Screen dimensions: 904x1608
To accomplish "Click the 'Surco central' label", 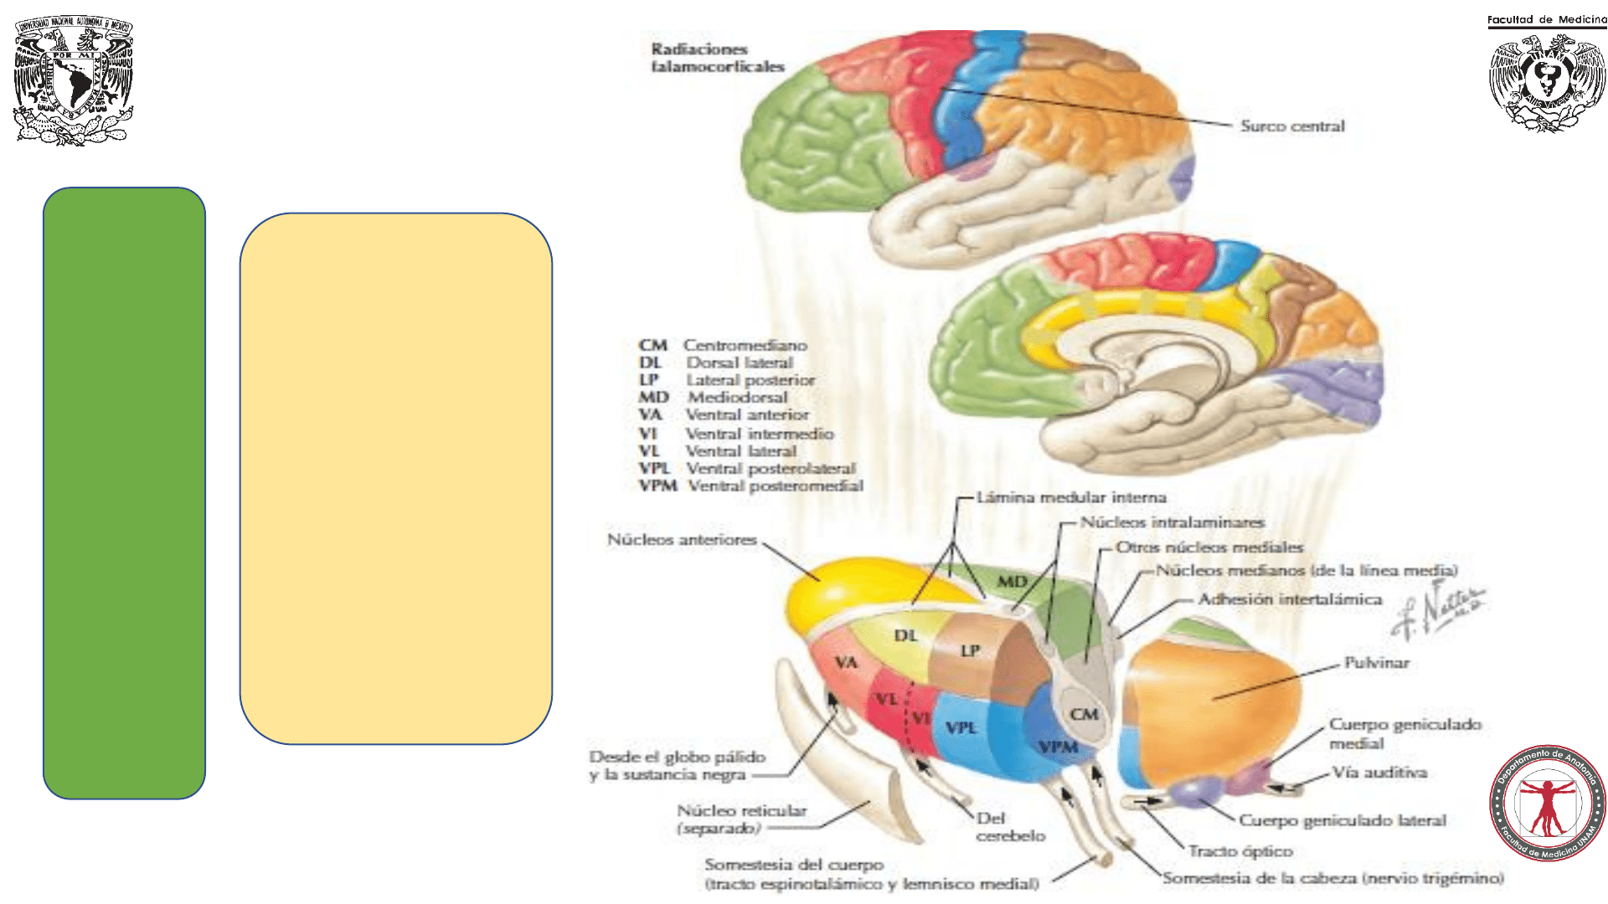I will point(1292,126).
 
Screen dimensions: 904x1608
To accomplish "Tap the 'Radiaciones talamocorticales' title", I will point(718,58).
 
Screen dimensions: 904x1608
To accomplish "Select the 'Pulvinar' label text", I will point(1377,663).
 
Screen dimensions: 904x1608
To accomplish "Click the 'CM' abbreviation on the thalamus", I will point(1084,715).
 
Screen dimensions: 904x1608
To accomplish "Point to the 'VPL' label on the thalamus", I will point(961,728).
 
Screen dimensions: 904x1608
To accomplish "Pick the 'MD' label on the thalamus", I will point(1012,582).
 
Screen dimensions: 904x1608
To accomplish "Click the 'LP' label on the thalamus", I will point(970,651).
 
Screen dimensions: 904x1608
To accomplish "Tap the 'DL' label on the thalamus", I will point(905,636).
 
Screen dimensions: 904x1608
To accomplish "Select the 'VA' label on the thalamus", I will point(846,664).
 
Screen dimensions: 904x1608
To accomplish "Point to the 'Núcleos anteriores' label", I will point(682,540).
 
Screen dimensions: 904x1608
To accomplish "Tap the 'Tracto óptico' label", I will point(1240,851).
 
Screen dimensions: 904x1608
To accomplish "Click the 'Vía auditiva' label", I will point(1379,773).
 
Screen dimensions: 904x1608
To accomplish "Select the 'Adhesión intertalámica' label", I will point(1290,599).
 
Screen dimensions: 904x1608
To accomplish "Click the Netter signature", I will point(1438,612).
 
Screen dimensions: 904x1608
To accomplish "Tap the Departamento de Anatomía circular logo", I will point(1547,803).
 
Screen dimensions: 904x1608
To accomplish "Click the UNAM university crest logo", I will point(74,80).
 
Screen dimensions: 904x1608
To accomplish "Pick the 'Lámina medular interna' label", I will point(1071,498).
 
